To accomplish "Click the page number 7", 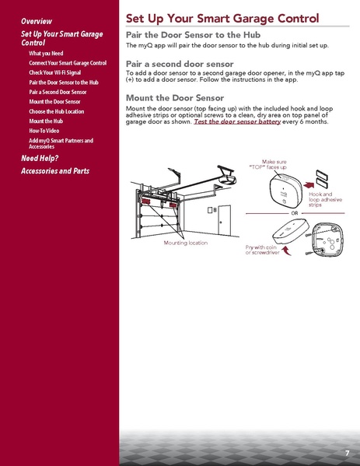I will [347, 453].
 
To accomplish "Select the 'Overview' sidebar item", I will [37, 20].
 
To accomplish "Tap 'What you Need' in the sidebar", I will [46, 53].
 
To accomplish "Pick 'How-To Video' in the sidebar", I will [47, 131].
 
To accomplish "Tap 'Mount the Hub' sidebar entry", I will [47, 121].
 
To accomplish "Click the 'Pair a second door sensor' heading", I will [180, 63].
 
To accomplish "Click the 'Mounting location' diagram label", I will [186, 243].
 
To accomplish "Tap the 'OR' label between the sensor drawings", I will [295, 212].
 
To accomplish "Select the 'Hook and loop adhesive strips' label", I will [320, 199].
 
